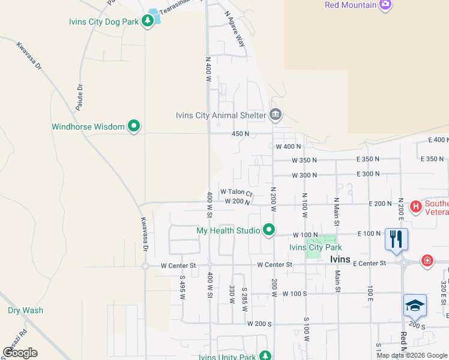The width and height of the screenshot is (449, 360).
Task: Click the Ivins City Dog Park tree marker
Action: [148, 22]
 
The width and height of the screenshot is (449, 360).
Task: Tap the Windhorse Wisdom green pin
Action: [134, 127]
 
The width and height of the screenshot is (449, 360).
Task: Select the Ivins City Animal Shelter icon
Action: [276, 115]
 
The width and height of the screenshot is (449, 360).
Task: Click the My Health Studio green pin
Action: [270, 230]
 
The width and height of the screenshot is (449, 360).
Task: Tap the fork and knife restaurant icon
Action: [396, 239]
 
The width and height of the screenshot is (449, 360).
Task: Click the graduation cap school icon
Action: [415, 306]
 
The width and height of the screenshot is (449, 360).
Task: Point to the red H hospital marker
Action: [415, 207]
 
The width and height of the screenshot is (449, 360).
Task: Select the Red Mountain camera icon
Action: [385, 5]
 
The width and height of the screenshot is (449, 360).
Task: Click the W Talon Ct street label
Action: [236, 192]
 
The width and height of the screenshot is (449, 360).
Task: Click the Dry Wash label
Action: [25, 311]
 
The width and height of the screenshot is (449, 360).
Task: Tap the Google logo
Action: [20, 353]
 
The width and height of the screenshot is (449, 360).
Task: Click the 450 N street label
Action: [240, 134]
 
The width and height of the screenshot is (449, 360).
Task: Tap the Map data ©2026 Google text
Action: [412, 355]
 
